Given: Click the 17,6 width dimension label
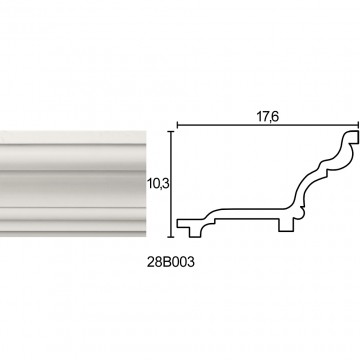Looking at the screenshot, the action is click(267, 117).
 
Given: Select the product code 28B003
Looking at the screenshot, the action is click(170, 262).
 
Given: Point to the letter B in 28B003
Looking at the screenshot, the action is click(164, 262).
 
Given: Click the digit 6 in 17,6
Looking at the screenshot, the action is click(275, 117).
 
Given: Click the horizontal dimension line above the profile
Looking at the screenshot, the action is click(267, 125).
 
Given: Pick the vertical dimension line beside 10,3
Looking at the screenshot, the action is click(171, 184).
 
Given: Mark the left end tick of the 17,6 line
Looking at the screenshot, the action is click(177, 125).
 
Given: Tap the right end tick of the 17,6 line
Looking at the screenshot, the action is click(358, 125).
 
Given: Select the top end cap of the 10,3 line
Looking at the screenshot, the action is click(171, 132).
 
